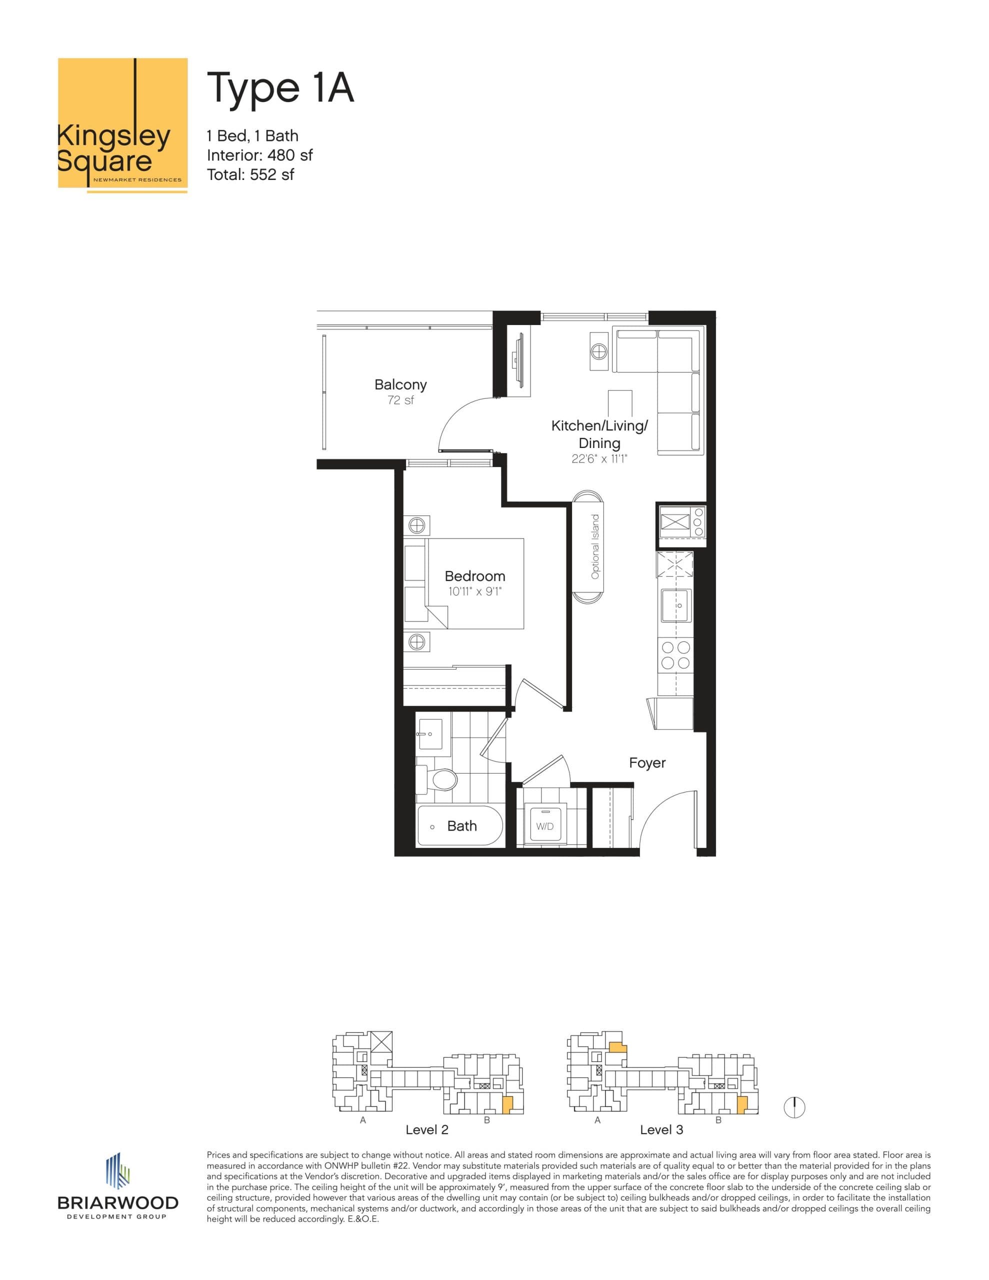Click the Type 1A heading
click(x=280, y=88)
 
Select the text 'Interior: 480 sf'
click(x=259, y=155)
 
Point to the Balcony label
click(x=400, y=384)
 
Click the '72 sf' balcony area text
click(x=400, y=400)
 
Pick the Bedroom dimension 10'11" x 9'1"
click(x=475, y=591)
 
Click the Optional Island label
click(x=595, y=546)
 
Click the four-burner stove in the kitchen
click(x=675, y=655)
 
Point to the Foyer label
click(x=647, y=762)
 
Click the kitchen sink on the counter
click(x=676, y=605)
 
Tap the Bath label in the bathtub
click(x=462, y=826)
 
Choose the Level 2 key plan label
click(x=427, y=1129)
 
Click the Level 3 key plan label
click(x=661, y=1129)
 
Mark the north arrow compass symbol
click(x=794, y=1107)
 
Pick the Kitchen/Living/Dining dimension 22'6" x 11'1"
click(x=599, y=459)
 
